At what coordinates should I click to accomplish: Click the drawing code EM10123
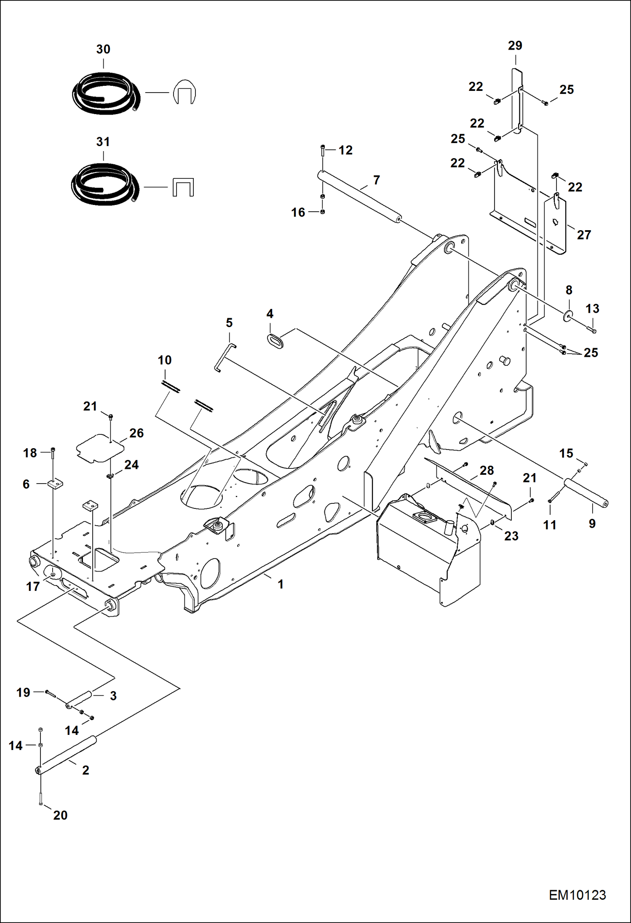[x=577, y=895]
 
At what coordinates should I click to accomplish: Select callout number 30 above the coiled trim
[x=103, y=49]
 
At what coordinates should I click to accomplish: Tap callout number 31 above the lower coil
[x=103, y=142]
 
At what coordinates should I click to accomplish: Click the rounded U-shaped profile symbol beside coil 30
[x=184, y=92]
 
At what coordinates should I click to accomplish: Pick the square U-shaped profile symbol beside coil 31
[x=183, y=187]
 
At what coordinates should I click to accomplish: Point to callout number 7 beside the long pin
[x=377, y=180]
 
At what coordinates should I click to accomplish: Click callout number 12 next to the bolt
[x=345, y=150]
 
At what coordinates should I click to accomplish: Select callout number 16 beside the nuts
[x=298, y=213]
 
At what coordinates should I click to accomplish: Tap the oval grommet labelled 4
[x=275, y=340]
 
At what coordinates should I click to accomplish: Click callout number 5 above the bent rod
[x=229, y=323]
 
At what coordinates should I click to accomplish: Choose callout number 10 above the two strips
[x=165, y=360]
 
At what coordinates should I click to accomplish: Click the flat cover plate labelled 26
[x=99, y=448]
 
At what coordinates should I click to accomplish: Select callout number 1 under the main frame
[x=281, y=584]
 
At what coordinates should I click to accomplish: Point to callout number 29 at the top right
[x=515, y=45]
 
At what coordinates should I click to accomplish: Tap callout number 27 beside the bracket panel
[x=584, y=235]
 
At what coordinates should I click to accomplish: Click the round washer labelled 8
[x=569, y=316]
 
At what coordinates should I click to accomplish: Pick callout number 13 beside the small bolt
[x=592, y=309]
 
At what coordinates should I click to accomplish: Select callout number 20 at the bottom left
[x=60, y=815]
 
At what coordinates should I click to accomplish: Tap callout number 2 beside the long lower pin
[x=86, y=770]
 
